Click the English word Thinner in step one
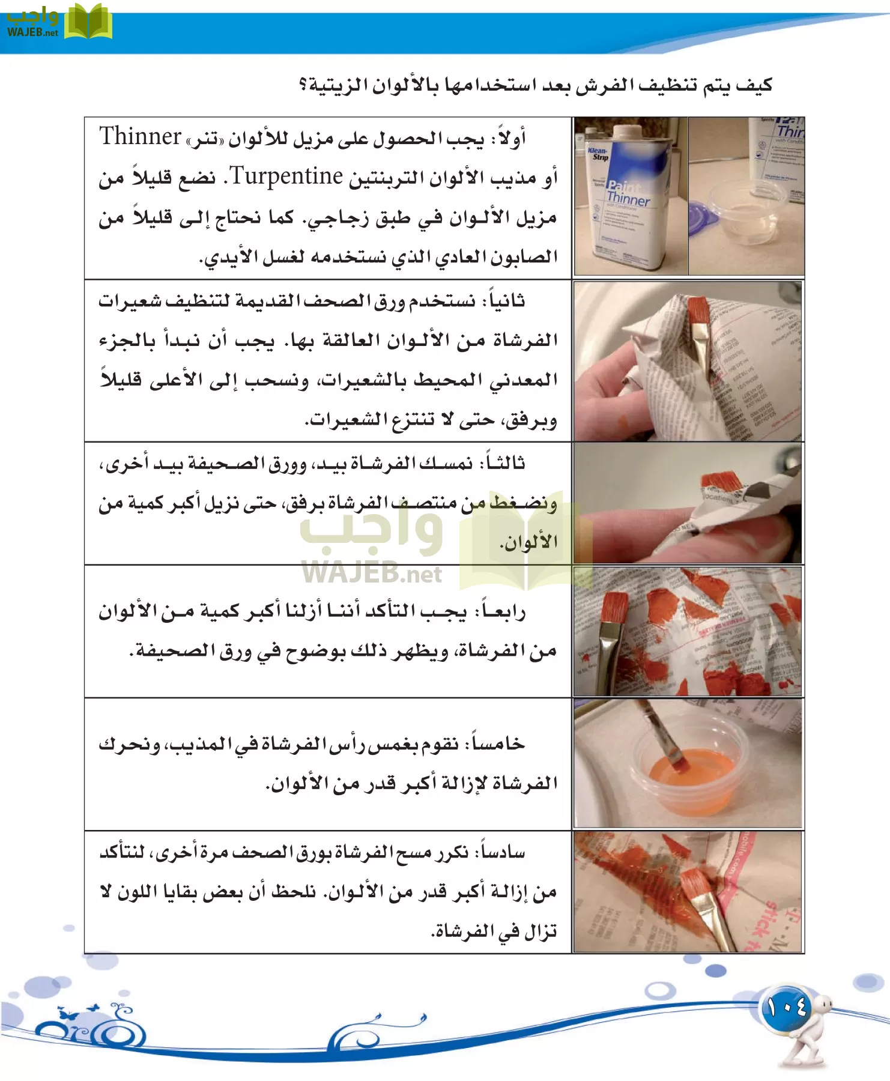pos(140,137)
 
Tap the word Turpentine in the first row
pos(286,176)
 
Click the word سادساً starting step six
pos(500,852)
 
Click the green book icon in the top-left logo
pos(88,23)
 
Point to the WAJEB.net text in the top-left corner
pos(33,32)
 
